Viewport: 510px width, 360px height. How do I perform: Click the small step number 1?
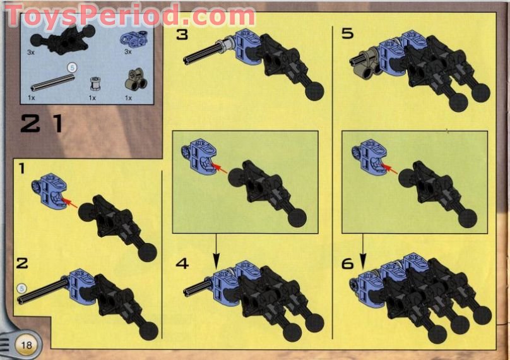[22, 168]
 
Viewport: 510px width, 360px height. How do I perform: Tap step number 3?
[182, 34]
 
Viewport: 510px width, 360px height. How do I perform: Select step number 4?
[182, 263]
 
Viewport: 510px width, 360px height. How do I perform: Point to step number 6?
[348, 263]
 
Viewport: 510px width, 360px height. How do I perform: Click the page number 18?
[26, 345]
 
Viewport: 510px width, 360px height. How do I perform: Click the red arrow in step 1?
[71, 204]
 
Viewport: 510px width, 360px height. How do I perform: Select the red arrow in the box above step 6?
[389, 168]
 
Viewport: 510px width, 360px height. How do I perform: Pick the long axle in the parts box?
[50, 81]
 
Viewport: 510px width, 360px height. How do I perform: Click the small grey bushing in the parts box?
[95, 83]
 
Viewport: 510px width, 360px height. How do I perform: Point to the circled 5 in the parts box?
[71, 66]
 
